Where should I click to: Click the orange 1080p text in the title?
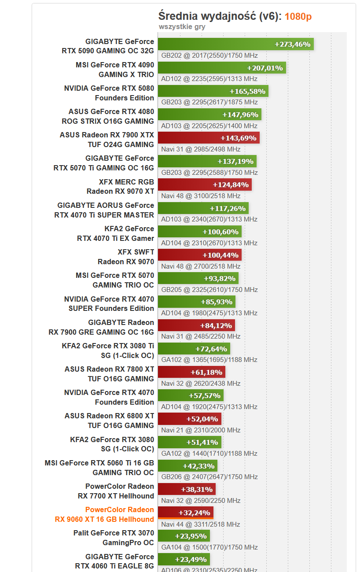(298, 17)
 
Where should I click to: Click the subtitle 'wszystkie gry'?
(182, 27)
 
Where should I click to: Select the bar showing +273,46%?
(235, 44)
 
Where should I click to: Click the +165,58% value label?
(247, 91)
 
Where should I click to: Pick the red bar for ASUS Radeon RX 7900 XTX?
(208, 138)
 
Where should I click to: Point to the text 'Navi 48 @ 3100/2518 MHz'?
(201, 196)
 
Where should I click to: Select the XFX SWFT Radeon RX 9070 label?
(125, 257)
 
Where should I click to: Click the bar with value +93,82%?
(198, 278)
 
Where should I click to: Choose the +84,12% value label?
(216, 325)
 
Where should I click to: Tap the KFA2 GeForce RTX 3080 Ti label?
(108, 351)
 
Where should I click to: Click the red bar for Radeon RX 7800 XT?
(191, 372)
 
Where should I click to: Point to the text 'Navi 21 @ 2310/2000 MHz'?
(201, 430)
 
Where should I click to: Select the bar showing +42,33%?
(187, 466)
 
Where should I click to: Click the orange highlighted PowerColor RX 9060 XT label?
(104, 514)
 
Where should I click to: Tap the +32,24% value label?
(194, 513)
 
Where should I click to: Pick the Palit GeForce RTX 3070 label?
(114, 538)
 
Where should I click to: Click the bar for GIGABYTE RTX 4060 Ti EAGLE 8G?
(184, 559)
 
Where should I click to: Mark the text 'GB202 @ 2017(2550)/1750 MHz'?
(209, 55)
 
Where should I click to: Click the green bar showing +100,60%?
(199, 232)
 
